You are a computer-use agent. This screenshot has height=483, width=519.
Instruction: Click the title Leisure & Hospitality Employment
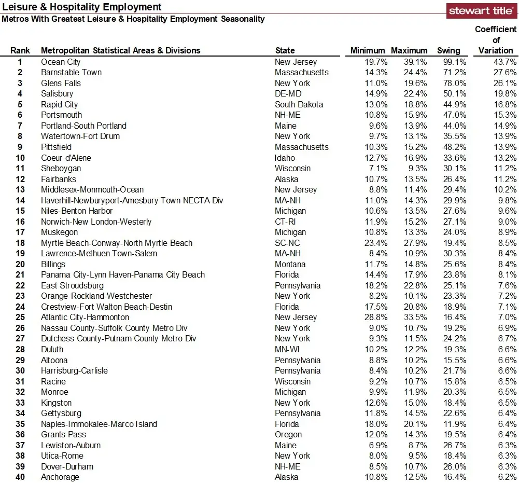point(82,7)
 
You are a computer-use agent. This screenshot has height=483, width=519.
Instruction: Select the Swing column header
point(448,50)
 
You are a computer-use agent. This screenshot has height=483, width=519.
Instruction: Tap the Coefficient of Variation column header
point(496,40)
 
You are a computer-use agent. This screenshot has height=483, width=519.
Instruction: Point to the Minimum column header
point(368,50)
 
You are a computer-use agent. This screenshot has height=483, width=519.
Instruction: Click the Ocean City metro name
point(61,62)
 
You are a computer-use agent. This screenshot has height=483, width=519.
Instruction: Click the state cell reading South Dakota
point(299,104)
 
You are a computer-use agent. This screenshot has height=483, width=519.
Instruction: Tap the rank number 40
point(20,477)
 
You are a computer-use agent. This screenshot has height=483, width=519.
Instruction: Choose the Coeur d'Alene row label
point(66,158)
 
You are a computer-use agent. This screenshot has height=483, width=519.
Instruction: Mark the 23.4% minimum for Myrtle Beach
point(375,243)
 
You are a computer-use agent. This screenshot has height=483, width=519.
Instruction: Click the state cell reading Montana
point(290,264)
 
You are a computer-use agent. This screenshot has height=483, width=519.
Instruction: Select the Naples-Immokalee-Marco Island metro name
point(99,424)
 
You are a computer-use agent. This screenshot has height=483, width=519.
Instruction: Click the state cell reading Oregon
point(288,434)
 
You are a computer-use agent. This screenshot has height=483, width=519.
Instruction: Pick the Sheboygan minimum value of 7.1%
point(377,168)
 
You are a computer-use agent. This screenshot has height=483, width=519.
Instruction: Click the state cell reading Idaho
point(285,158)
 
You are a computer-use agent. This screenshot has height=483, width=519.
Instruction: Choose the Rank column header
point(20,50)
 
